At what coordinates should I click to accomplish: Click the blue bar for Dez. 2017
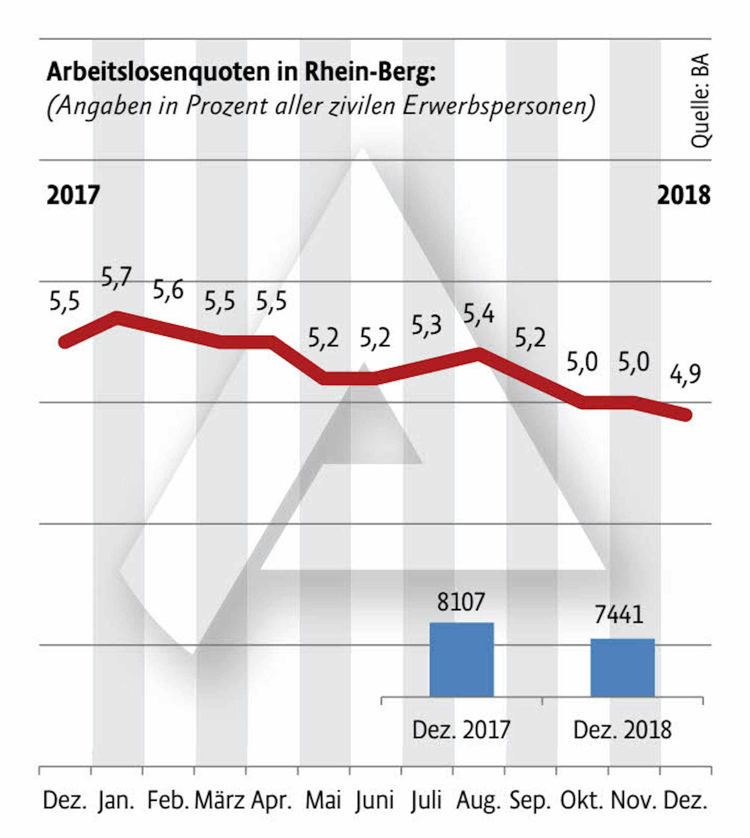click(461, 659)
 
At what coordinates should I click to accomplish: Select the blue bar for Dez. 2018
click(622, 667)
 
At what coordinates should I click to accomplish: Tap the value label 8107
click(461, 602)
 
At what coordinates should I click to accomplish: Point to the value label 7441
click(619, 615)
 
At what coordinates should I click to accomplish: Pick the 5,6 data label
click(168, 290)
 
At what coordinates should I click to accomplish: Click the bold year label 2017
click(74, 195)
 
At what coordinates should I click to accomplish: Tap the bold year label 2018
click(684, 195)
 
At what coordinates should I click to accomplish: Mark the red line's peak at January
click(117, 318)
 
